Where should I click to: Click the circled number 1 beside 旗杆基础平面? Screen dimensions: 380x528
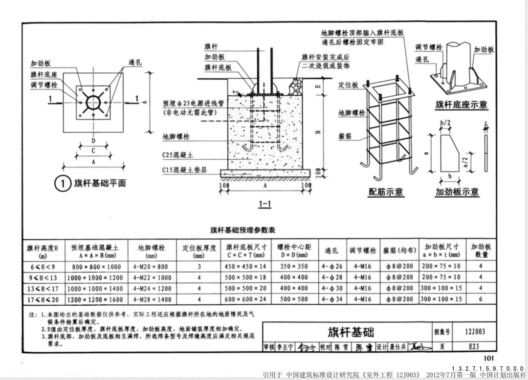63,184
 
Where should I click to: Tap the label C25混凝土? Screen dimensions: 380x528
178,155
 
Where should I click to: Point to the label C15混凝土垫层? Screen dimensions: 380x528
184,170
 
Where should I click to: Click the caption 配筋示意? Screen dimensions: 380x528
386,192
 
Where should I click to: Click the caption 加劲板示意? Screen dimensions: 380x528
457,192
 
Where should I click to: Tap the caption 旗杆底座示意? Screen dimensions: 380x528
461,105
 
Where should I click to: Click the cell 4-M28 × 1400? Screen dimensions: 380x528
153,299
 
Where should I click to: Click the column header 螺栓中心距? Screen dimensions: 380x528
294,247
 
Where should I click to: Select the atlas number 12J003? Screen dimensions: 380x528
475,332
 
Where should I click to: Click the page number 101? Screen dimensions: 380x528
488,359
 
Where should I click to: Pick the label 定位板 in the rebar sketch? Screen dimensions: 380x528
348,85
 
